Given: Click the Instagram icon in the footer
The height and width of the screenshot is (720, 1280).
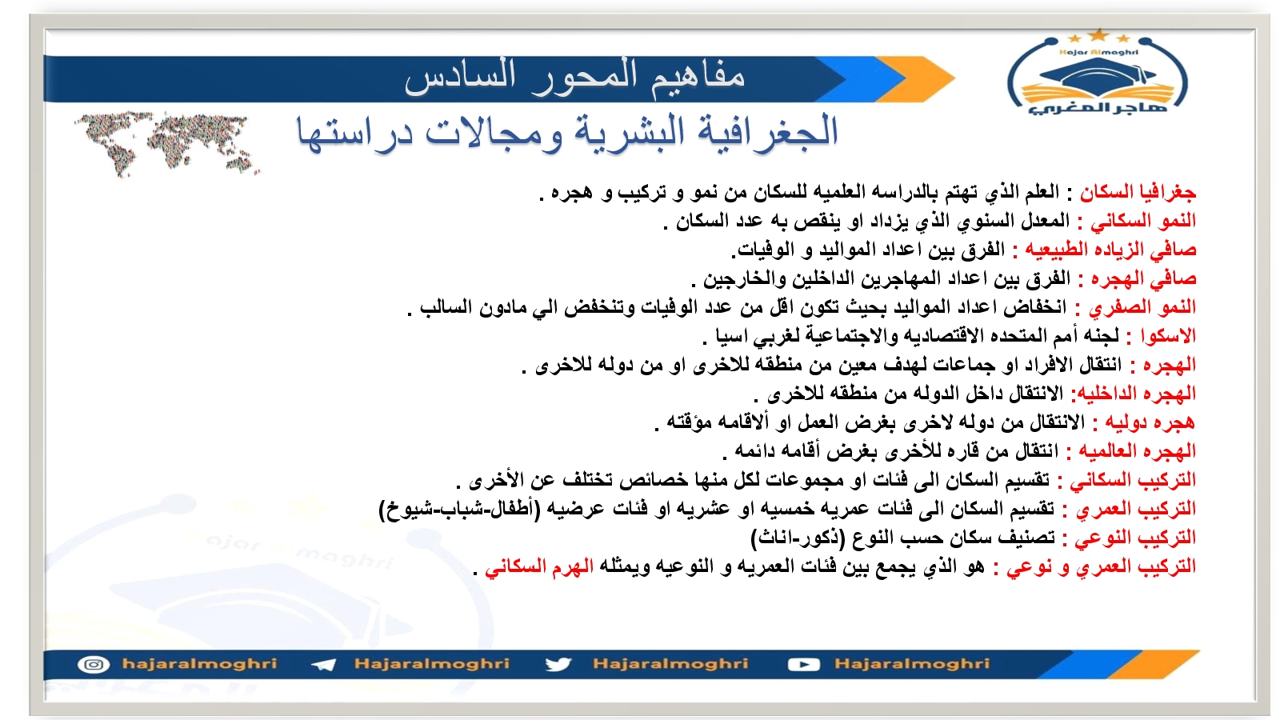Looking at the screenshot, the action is click(94, 665).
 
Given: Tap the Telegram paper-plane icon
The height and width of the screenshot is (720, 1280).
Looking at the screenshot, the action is click(324, 665).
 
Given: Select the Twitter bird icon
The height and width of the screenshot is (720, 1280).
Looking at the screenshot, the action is click(558, 665).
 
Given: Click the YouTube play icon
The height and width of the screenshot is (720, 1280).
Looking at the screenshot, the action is click(804, 665).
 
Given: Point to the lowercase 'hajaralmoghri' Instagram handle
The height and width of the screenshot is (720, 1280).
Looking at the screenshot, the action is click(199, 663).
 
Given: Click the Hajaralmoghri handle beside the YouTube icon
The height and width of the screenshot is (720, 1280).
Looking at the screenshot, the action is click(912, 663).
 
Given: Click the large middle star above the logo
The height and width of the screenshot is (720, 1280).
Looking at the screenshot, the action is click(1098, 35).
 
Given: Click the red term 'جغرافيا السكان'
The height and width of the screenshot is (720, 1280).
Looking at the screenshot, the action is click(1138, 192).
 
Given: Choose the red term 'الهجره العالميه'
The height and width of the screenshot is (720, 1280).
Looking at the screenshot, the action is click(1137, 451).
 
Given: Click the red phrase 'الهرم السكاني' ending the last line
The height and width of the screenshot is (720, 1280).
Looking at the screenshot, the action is click(539, 567).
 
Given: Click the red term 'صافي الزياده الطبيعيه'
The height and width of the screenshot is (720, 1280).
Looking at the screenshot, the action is click(1110, 250).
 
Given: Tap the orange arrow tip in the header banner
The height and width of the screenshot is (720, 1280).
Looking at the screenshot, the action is click(954, 78).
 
